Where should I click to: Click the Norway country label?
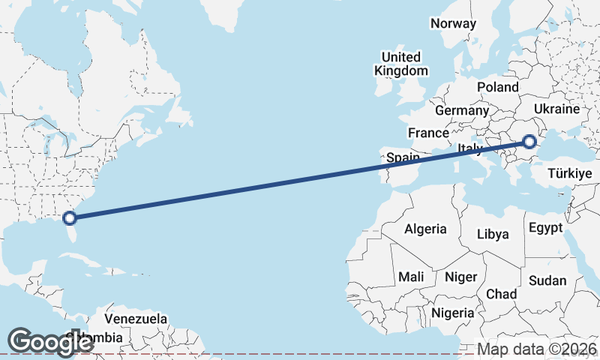click(x=453, y=23)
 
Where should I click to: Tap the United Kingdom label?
click(x=401, y=64)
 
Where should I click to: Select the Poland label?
click(x=497, y=87)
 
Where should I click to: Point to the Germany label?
click(x=461, y=110)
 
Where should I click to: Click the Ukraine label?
click(x=556, y=109)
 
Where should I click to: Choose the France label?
click(x=427, y=133)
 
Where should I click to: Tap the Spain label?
click(x=403, y=158)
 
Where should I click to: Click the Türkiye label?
click(x=570, y=173)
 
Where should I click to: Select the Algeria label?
click(x=425, y=229)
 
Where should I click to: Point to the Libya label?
click(x=493, y=234)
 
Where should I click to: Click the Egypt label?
click(x=545, y=228)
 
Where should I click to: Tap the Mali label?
click(x=411, y=277)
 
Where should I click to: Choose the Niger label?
click(x=460, y=277)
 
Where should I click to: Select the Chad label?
click(x=502, y=294)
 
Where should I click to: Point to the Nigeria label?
click(x=453, y=312)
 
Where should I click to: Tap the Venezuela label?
click(x=136, y=319)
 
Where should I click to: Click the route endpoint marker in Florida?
click(x=70, y=218)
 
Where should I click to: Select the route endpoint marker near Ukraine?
click(x=529, y=141)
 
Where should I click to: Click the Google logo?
click(x=50, y=341)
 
